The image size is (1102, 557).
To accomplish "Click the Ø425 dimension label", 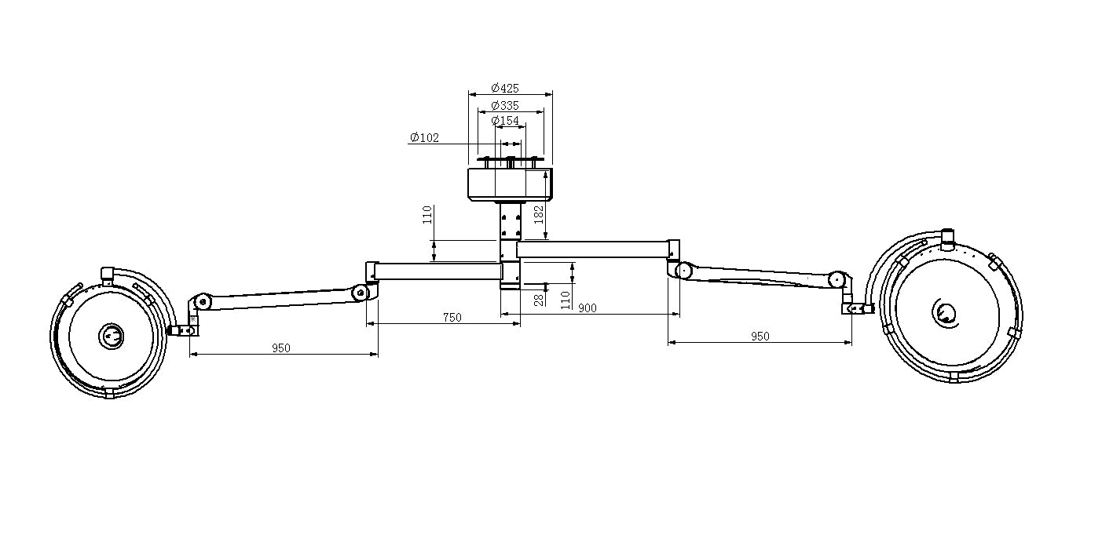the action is [505, 89].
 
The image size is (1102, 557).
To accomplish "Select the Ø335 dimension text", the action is [505, 106].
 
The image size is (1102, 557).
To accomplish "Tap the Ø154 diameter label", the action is [505, 120].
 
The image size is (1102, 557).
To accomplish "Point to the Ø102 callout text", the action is [424, 137].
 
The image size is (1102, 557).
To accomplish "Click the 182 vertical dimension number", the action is [539, 215].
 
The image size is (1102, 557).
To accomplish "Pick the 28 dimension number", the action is [539, 300].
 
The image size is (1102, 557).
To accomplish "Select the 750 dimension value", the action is [452, 317].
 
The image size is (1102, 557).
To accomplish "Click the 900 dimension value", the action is [588, 308].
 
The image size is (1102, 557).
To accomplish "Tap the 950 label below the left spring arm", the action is [281, 348].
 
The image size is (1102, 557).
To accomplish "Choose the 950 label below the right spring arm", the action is [760, 337].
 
